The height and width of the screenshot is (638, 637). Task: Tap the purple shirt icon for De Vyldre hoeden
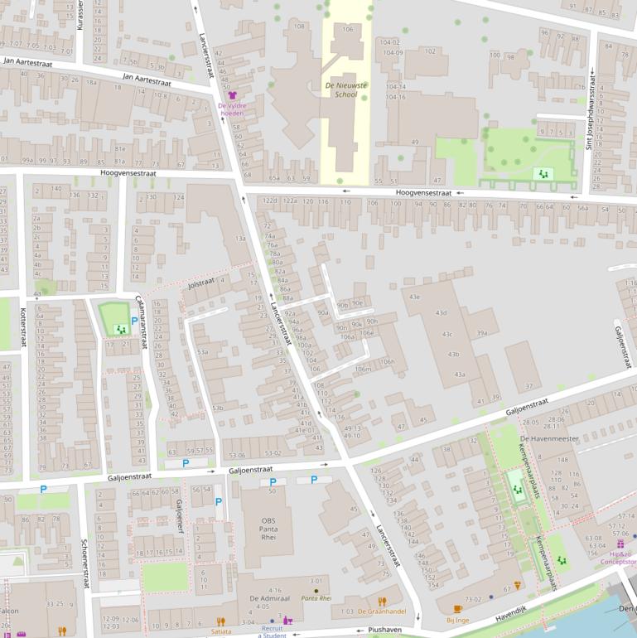232,96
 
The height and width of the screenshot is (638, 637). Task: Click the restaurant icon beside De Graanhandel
382,602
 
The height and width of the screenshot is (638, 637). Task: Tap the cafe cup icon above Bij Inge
458,609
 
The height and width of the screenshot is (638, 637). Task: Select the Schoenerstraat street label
84,563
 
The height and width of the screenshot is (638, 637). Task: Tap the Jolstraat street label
201,283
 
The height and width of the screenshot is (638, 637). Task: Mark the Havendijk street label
510,609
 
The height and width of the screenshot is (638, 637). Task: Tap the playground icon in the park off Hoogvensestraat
543,173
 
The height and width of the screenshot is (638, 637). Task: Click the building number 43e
414,297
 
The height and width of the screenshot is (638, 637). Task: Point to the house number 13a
240,239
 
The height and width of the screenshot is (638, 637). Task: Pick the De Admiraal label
268,597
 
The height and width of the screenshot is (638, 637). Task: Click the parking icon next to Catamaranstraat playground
134,321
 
